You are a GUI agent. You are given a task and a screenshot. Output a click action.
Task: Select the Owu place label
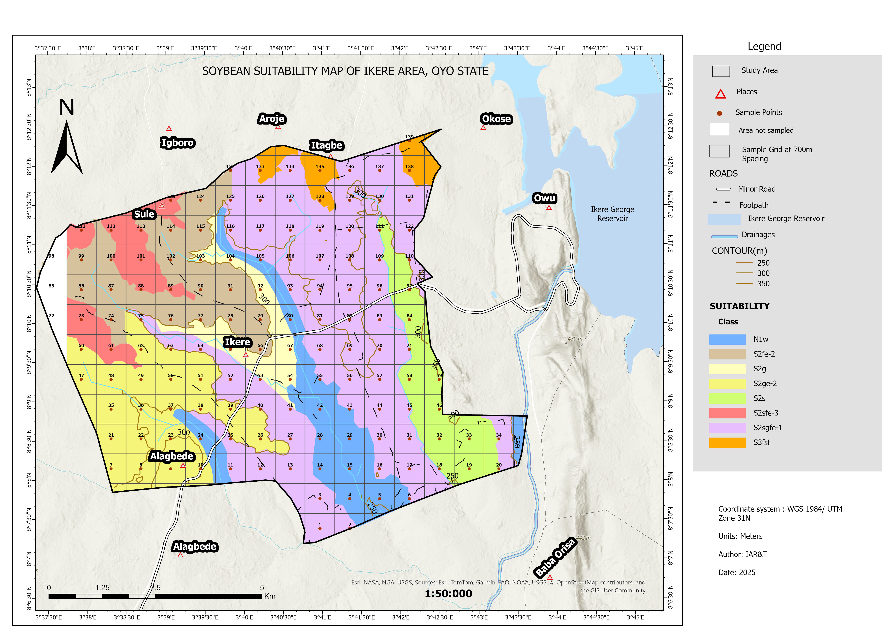coord(544,198)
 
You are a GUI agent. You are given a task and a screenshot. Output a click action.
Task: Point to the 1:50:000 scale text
coord(448,594)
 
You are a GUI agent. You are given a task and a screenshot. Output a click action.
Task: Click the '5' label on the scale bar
coord(262,587)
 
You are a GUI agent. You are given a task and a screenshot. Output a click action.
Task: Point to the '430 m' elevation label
coord(575,339)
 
